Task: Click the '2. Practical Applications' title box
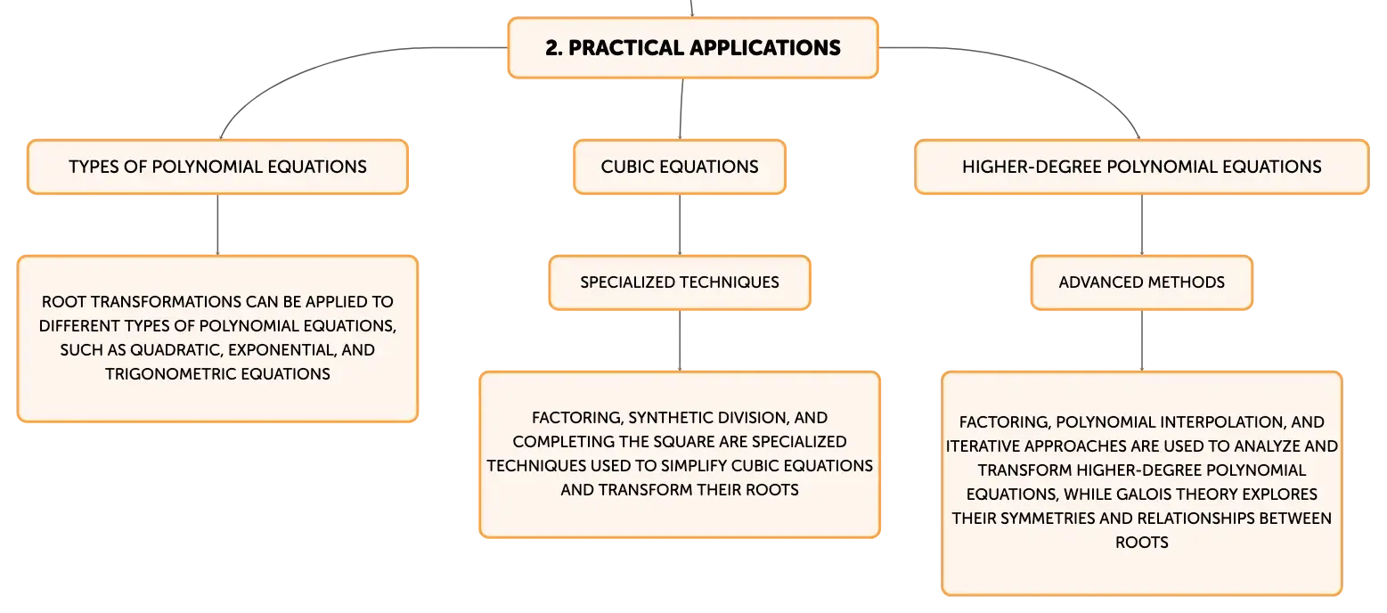tap(693, 48)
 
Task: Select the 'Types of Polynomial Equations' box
tap(217, 167)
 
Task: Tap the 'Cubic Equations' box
tap(680, 167)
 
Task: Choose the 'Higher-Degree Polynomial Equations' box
tap(1142, 167)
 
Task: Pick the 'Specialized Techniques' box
tap(680, 282)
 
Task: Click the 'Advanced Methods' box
tap(1142, 282)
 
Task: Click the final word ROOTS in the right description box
tap(1142, 543)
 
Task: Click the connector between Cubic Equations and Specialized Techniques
tap(680, 225)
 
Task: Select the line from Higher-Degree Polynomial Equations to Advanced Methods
tap(1142, 225)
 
